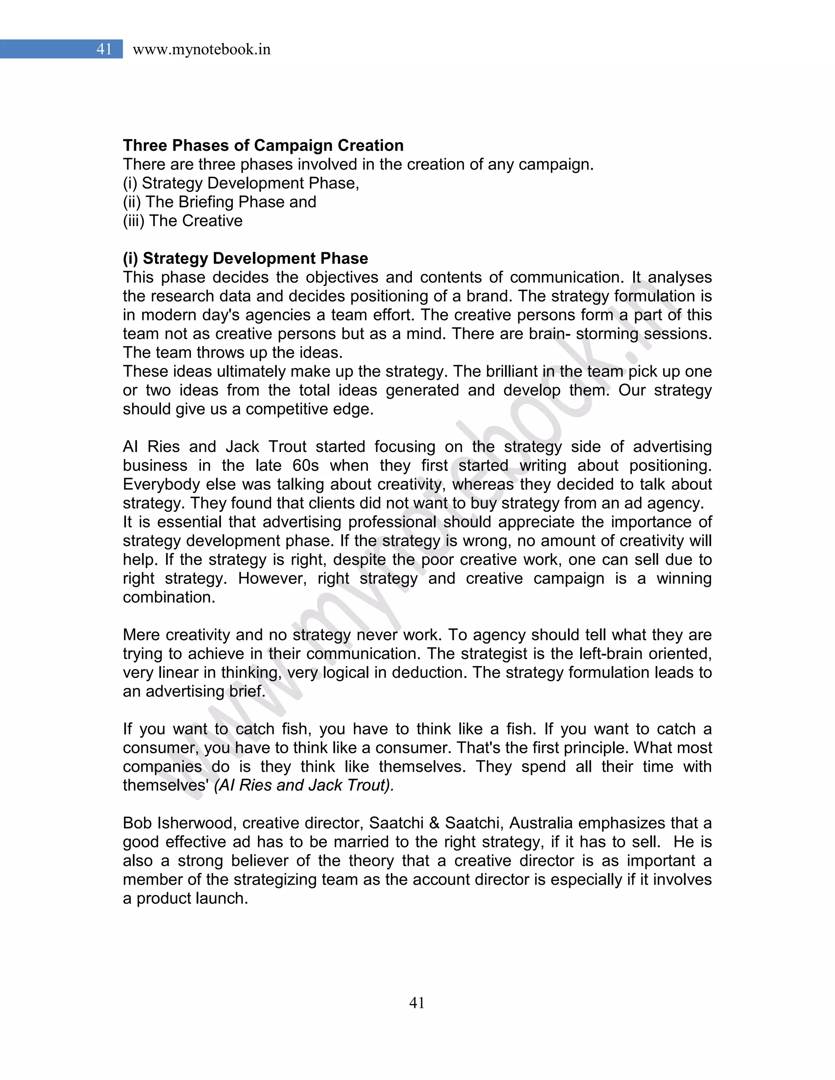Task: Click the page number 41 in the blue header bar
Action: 104,49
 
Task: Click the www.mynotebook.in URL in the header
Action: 201,49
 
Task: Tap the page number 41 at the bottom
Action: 417,1003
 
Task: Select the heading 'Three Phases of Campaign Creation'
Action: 263,145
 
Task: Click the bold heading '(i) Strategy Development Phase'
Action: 245,258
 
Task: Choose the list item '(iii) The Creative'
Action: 183,220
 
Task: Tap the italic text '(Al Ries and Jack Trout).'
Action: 304,785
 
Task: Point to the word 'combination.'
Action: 169,597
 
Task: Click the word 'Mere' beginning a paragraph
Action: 141,635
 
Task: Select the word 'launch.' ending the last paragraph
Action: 221,898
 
